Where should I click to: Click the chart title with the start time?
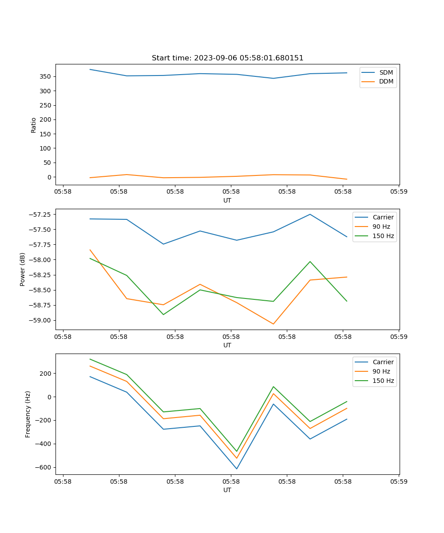tap(227, 58)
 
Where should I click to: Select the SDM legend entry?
tap(386, 72)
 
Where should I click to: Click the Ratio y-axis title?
tap(34, 125)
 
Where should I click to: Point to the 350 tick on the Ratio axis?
tap(46, 76)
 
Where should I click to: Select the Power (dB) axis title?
tap(23, 269)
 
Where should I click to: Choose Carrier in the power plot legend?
tap(383, 217)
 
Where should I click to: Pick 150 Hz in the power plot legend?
tap(383, 236)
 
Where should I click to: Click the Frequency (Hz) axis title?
tap(28, 414)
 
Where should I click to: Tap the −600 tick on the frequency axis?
tap(44, 467)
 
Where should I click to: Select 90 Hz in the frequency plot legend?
tap(381, 371)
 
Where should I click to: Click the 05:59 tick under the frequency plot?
tap(399, 481)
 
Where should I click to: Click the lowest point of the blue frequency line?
tap(237, 469)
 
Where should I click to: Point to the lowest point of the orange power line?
tap(273, 324)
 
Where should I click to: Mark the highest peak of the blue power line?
tap(310, 215)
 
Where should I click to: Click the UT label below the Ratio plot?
tap(227, 200)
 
